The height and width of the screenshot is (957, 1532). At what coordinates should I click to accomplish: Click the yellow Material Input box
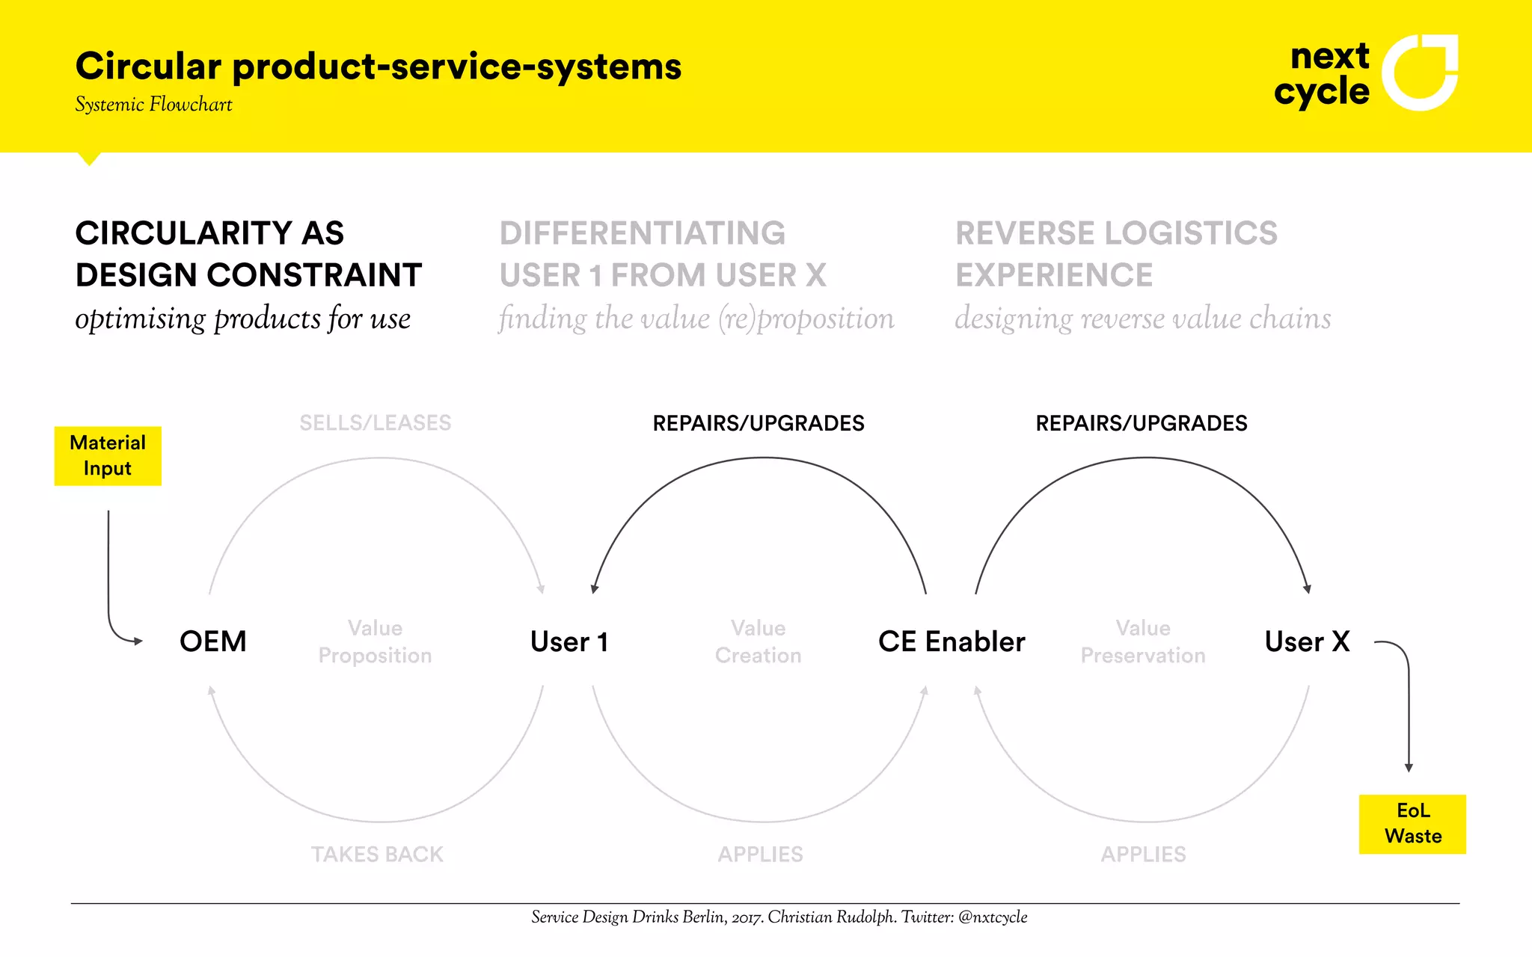pos(108,456)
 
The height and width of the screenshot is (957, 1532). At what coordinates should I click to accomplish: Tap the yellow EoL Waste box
pos(1412,824)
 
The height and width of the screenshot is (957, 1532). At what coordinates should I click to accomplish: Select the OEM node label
pos(213,641)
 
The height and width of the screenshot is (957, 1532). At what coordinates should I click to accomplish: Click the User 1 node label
pos(569,641)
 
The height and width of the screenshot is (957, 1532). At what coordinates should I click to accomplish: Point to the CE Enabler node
pos(952,641)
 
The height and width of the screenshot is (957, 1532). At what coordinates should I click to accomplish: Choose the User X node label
pos(1307,641)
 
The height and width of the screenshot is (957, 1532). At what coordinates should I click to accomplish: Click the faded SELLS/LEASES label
pos(376,423)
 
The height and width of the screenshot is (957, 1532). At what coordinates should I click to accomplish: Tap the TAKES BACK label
pos(377,854)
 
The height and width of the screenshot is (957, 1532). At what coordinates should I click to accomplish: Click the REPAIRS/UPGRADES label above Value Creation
pos(759,423)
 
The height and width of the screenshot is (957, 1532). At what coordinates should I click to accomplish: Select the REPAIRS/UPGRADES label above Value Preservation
pos(1142,423)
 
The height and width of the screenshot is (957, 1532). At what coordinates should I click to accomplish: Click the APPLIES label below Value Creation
pos(760,854)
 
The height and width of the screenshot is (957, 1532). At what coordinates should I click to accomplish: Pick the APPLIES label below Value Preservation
pos(1143,854)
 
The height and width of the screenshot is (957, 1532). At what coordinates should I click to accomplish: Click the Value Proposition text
pos(375,641)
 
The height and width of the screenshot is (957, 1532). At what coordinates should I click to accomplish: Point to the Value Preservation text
pos(1143,641)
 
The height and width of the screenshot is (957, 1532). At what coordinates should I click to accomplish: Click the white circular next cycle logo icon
pos(1419,73)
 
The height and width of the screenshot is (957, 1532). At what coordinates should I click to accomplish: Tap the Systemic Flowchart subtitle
pos(153,105)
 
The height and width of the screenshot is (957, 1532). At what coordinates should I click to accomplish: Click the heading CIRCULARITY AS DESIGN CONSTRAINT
pos(248,254)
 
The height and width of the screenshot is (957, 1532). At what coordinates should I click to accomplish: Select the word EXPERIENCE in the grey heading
pos(1054,275)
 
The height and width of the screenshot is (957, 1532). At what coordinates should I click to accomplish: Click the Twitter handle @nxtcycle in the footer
pos(993,917)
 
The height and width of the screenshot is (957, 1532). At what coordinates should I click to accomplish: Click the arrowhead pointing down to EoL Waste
pos(1409,768)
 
